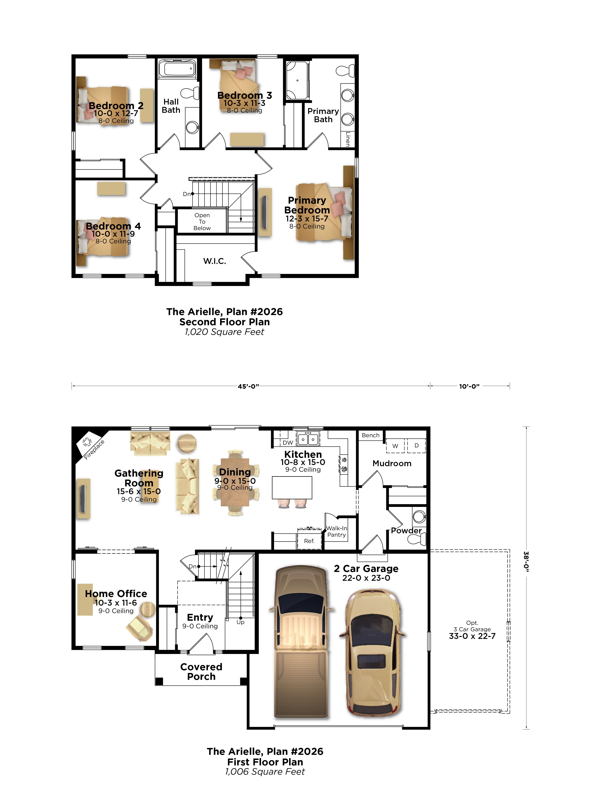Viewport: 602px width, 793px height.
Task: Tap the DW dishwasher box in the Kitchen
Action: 288,442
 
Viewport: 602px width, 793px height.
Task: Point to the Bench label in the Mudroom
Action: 370,435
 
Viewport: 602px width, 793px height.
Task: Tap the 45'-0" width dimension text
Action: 248,387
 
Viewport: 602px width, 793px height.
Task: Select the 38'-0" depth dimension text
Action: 526,561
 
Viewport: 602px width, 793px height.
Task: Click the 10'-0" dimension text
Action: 469,387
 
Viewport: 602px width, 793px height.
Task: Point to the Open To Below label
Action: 202,222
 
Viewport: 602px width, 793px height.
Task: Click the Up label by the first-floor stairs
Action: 240,622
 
